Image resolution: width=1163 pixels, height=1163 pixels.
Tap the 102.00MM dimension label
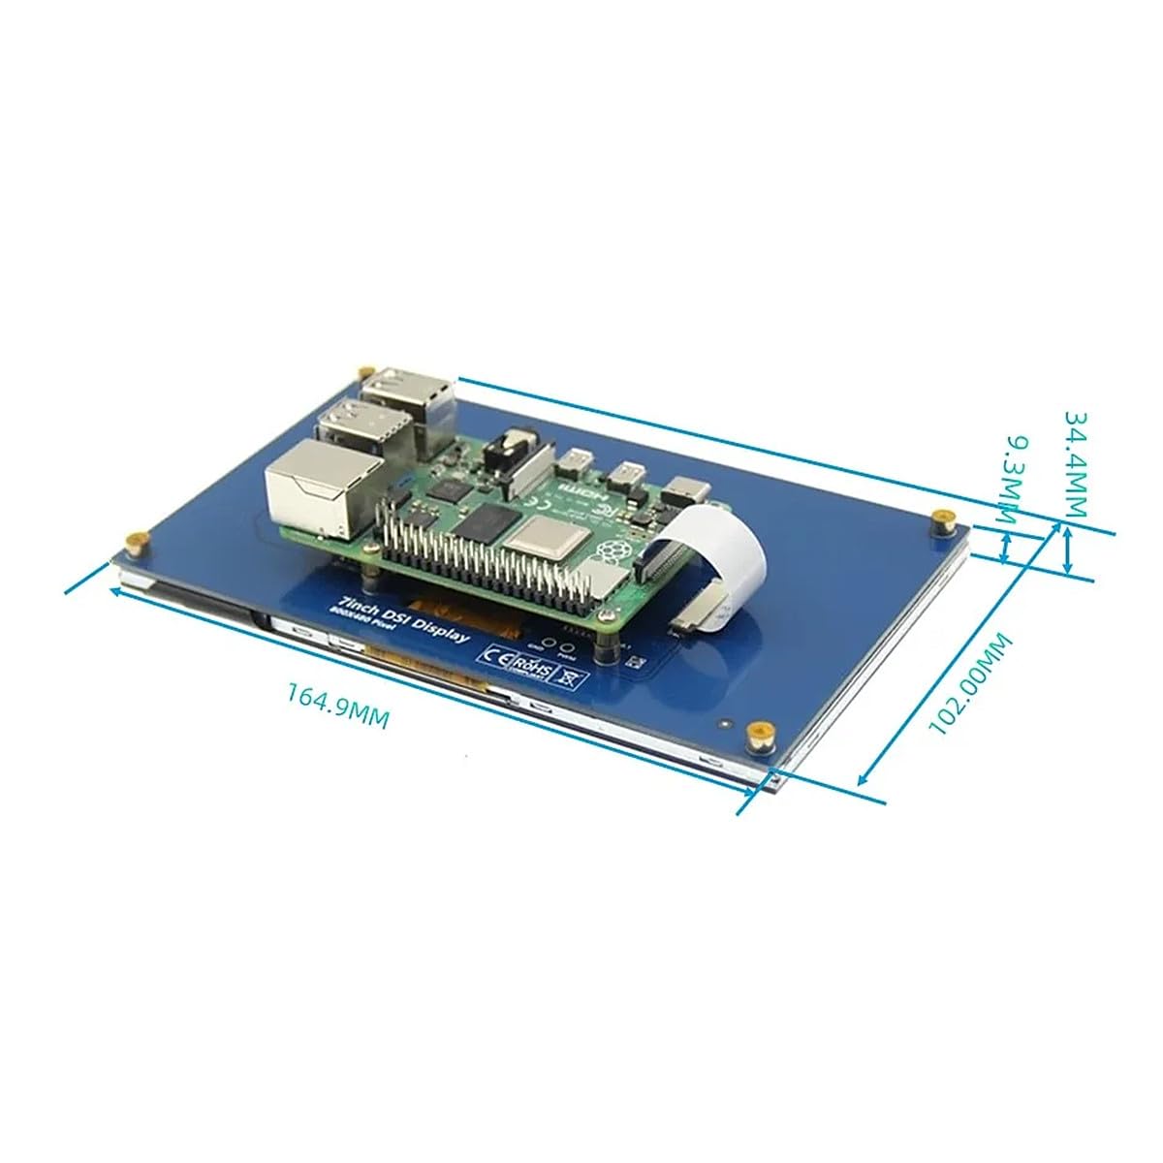pyautogui.click(x=969, y=686)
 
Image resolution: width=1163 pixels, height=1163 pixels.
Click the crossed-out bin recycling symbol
pyautogui.click(x=568, y=676)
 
